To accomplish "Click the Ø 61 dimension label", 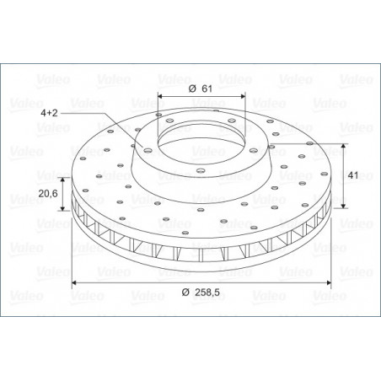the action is [201, 89].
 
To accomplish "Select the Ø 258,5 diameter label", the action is [201, 292].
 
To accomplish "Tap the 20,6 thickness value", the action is [48, 193].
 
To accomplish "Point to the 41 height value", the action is [353, 175].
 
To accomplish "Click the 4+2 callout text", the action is [49, 113].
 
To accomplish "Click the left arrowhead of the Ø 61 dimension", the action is [160, 96].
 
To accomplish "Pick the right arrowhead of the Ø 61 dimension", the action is [243, 96].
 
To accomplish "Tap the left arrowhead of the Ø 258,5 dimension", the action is [74, 282].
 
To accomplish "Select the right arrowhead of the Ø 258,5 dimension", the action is [328, 282].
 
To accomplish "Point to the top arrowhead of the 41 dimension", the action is [343, 147].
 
